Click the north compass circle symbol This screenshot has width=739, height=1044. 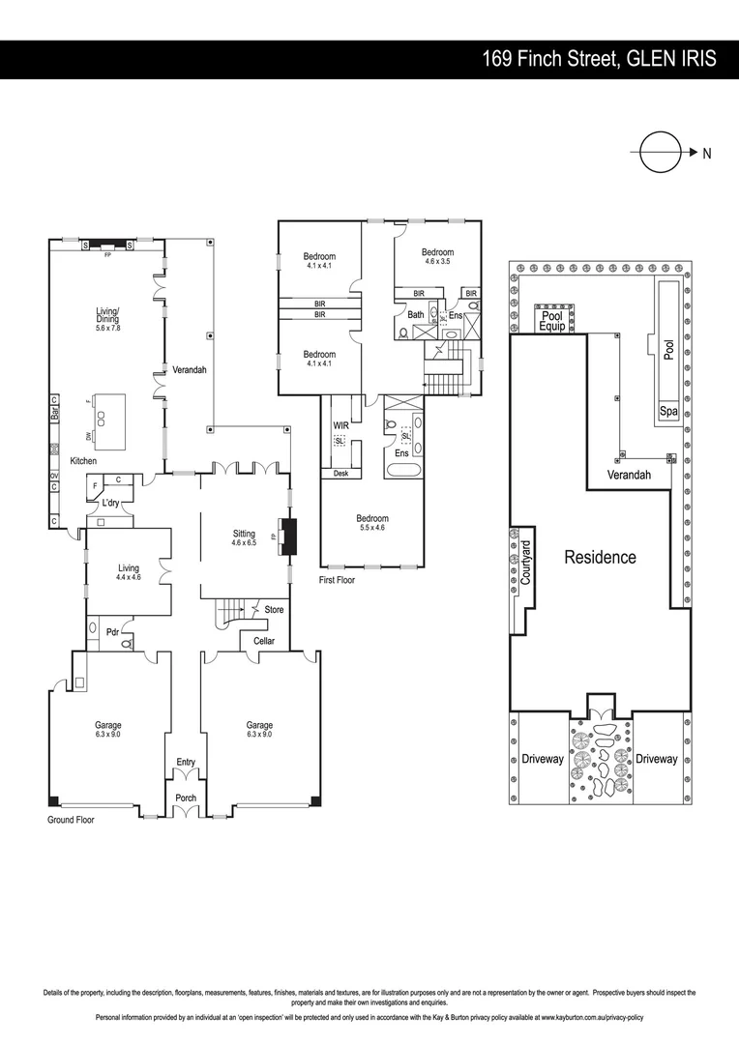coord(660,152)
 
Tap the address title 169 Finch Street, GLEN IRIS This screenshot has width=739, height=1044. coord(600,59)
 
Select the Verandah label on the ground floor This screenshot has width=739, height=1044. coord(190,369)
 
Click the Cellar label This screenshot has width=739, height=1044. coord(263,641)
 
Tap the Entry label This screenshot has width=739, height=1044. coord(186,762)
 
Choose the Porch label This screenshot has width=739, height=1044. coord(186,797)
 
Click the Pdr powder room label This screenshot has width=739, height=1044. coord(112,632)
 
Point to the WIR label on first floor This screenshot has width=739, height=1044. coord(340,424)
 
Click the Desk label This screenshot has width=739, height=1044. coord(340,474)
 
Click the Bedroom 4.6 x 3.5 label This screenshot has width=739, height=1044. coord(437,256)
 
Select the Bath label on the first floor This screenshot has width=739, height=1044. coord(415,315)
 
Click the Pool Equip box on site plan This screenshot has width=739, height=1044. coord(551,320)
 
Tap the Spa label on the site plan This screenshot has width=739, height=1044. coord(667,412)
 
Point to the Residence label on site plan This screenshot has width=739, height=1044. coord(600,557)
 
